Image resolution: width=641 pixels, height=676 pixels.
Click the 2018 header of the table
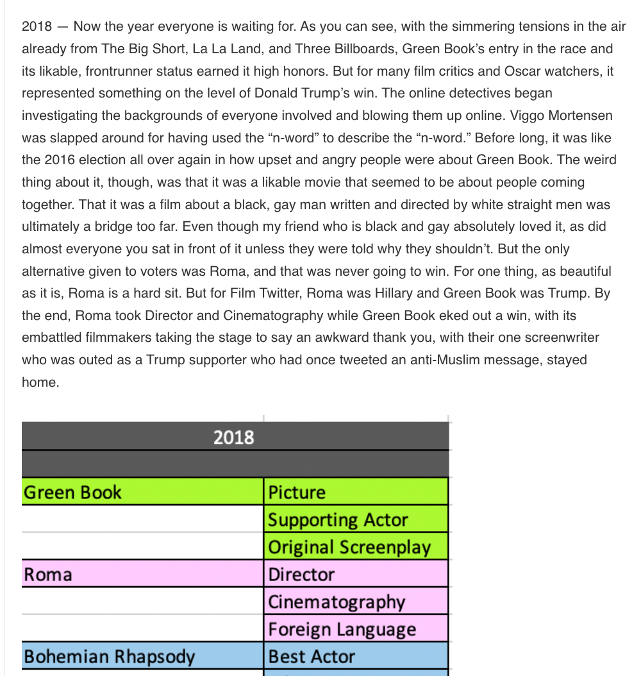coord(233,437)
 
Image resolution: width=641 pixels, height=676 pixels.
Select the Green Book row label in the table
coord(72,493)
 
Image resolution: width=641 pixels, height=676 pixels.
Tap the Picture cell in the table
coord(297,493)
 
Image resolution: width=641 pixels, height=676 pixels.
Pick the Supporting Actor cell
coord(338,520)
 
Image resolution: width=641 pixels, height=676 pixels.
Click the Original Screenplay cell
coord(349,547)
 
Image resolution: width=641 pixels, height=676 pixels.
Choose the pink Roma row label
coord(48,574)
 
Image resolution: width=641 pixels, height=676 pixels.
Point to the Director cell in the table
coord(301,574)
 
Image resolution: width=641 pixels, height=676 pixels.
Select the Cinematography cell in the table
coord(337,602)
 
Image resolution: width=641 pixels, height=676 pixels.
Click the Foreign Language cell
coord(342,629)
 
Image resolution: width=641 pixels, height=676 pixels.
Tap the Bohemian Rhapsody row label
coord(109,657)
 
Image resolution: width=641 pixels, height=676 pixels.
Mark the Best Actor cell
coord(312,657)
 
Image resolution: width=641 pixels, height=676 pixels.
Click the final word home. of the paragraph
coord(40,382)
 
